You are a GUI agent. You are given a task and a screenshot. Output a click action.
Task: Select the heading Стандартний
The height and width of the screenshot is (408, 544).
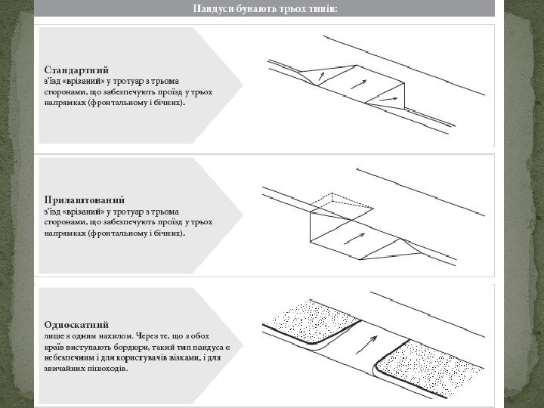pyautogui.click(x=71, y=68)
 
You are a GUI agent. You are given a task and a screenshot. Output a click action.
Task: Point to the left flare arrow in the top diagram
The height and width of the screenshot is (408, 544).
pyautogui.click(x=321, y=75)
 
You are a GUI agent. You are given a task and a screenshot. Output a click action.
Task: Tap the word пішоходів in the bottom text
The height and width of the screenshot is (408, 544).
pyautogui.click(x=108, y=370)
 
